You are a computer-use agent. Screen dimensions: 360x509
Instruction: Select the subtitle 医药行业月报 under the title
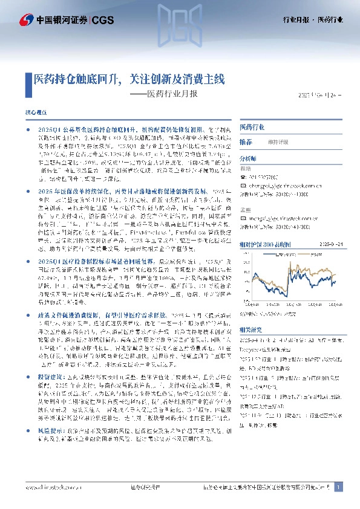[x=177, y=94]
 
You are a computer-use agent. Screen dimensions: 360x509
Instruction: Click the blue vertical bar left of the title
[x=28, y=79]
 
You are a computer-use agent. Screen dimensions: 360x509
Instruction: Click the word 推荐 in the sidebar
[x=246, y=141]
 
